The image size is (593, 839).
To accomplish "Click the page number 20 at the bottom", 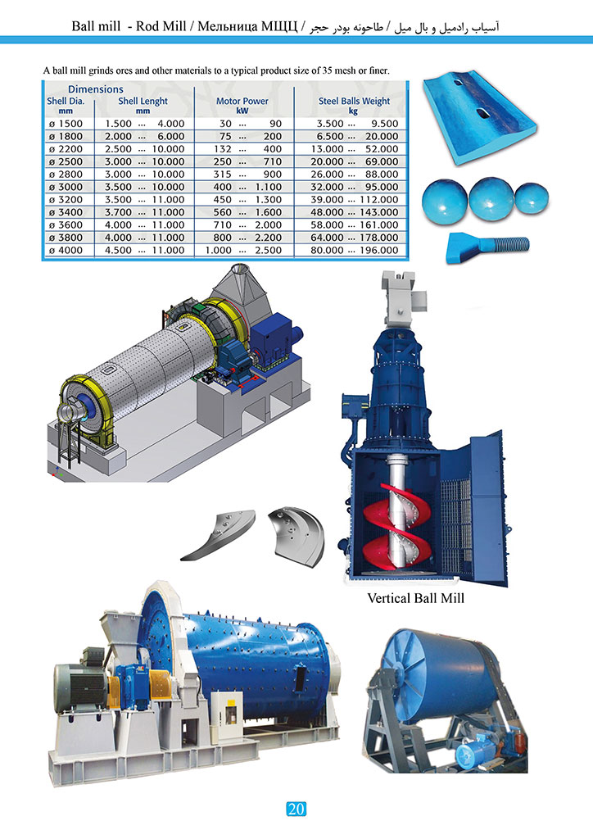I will (x=296, y=810).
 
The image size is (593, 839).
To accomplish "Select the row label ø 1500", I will (x=65, y=123).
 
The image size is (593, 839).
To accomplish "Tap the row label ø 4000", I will (x=65, y=250).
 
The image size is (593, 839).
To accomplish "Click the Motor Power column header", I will (x=242, y=101).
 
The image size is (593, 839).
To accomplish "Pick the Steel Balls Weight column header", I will (x=354, y=101).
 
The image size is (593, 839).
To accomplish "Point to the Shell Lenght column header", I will (x=143, y=101).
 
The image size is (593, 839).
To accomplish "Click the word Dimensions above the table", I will (x=96, y=88).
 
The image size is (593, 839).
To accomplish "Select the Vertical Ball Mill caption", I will (x=416, y=598).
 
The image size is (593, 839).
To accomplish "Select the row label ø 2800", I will (x=65, y=174).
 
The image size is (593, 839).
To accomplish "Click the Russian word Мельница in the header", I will (x=223, y=27).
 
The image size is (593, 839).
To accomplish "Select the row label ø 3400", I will (x=65, y=212).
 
